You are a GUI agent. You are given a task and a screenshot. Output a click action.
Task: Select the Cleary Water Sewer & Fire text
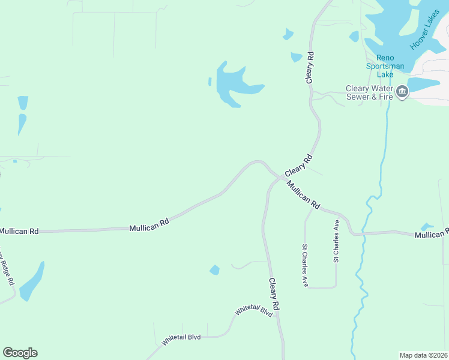[369, 92]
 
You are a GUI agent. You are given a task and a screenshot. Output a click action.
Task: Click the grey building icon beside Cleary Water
[402, 92]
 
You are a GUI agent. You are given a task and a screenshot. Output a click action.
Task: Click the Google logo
[20, 353]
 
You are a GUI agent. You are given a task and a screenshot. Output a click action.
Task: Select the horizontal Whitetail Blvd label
[181, 338]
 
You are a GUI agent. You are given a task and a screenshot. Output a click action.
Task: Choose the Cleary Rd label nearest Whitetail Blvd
[274, 294]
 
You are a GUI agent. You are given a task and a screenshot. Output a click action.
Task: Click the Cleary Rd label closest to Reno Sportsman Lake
[310, 67]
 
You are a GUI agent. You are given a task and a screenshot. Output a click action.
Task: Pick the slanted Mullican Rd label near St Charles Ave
[303, 194]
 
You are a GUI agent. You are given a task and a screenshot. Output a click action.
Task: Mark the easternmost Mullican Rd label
[431, 234]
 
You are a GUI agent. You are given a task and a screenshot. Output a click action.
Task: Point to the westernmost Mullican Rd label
[19, 230]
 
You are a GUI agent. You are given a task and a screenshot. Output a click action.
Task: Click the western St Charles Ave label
[306, 265]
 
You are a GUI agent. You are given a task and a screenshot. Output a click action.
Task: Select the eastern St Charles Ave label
[336, 241]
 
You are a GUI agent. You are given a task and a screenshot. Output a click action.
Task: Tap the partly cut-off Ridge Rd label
[7, 267]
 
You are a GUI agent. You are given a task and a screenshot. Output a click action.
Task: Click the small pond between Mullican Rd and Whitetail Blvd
[214, 271]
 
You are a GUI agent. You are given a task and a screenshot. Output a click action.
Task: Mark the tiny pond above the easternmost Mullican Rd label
[427, 227]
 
